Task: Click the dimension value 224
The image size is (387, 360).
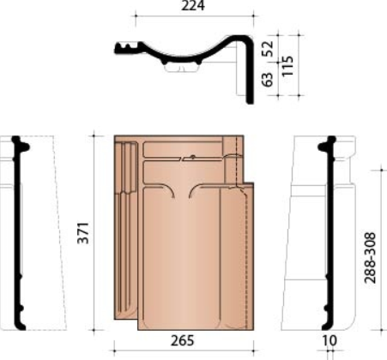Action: pyautogui.click(x=193, y=6)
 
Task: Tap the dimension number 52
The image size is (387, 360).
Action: pyautogui.click(x=268, y=49)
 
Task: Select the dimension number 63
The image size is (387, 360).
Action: pyautogui.click(x=268, y=79)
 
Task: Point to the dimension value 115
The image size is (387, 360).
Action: pyautogui.click(x=287, y=66)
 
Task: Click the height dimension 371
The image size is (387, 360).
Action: pyautogui.click(x=83, y=233)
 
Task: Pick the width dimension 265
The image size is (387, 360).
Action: pyautogui.click(x=182, y=340)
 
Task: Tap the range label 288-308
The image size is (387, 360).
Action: pyautogui.click(x=370, y=258)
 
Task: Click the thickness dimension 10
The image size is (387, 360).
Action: pyautogui.click(x=330, y=340)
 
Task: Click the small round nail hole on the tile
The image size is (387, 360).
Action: pyautogui.click(x=193, y=157)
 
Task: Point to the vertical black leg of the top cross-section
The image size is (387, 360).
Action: pyautogui.click(x=250, y=71)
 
